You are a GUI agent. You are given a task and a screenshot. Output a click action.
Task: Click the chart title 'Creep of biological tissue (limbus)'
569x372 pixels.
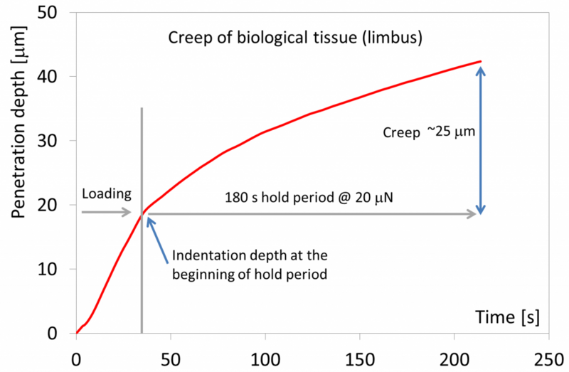295,38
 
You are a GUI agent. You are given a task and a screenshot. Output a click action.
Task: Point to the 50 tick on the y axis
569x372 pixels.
55,13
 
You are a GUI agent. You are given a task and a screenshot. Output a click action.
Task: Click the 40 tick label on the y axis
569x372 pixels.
55,77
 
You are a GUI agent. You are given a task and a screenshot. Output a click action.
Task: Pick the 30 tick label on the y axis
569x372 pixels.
55,141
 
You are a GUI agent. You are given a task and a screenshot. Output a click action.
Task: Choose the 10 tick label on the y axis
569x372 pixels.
55,269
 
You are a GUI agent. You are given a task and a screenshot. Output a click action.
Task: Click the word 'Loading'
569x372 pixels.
107,193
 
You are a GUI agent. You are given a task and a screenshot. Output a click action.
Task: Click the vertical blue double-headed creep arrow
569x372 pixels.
481,139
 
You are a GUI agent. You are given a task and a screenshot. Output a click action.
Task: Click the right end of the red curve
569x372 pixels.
481,62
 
